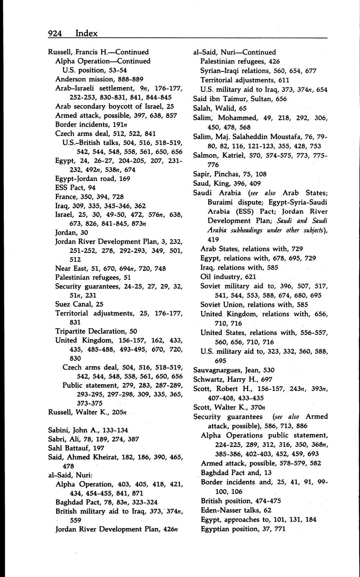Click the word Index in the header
point(87,33)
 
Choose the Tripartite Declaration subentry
point(94,331)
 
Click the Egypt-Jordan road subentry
point(93,179)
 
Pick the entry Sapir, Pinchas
point(230,174)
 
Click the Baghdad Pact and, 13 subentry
point(236,472)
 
